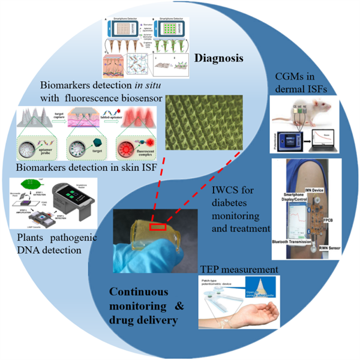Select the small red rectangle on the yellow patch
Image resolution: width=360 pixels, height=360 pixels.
[x=158, y=227]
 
